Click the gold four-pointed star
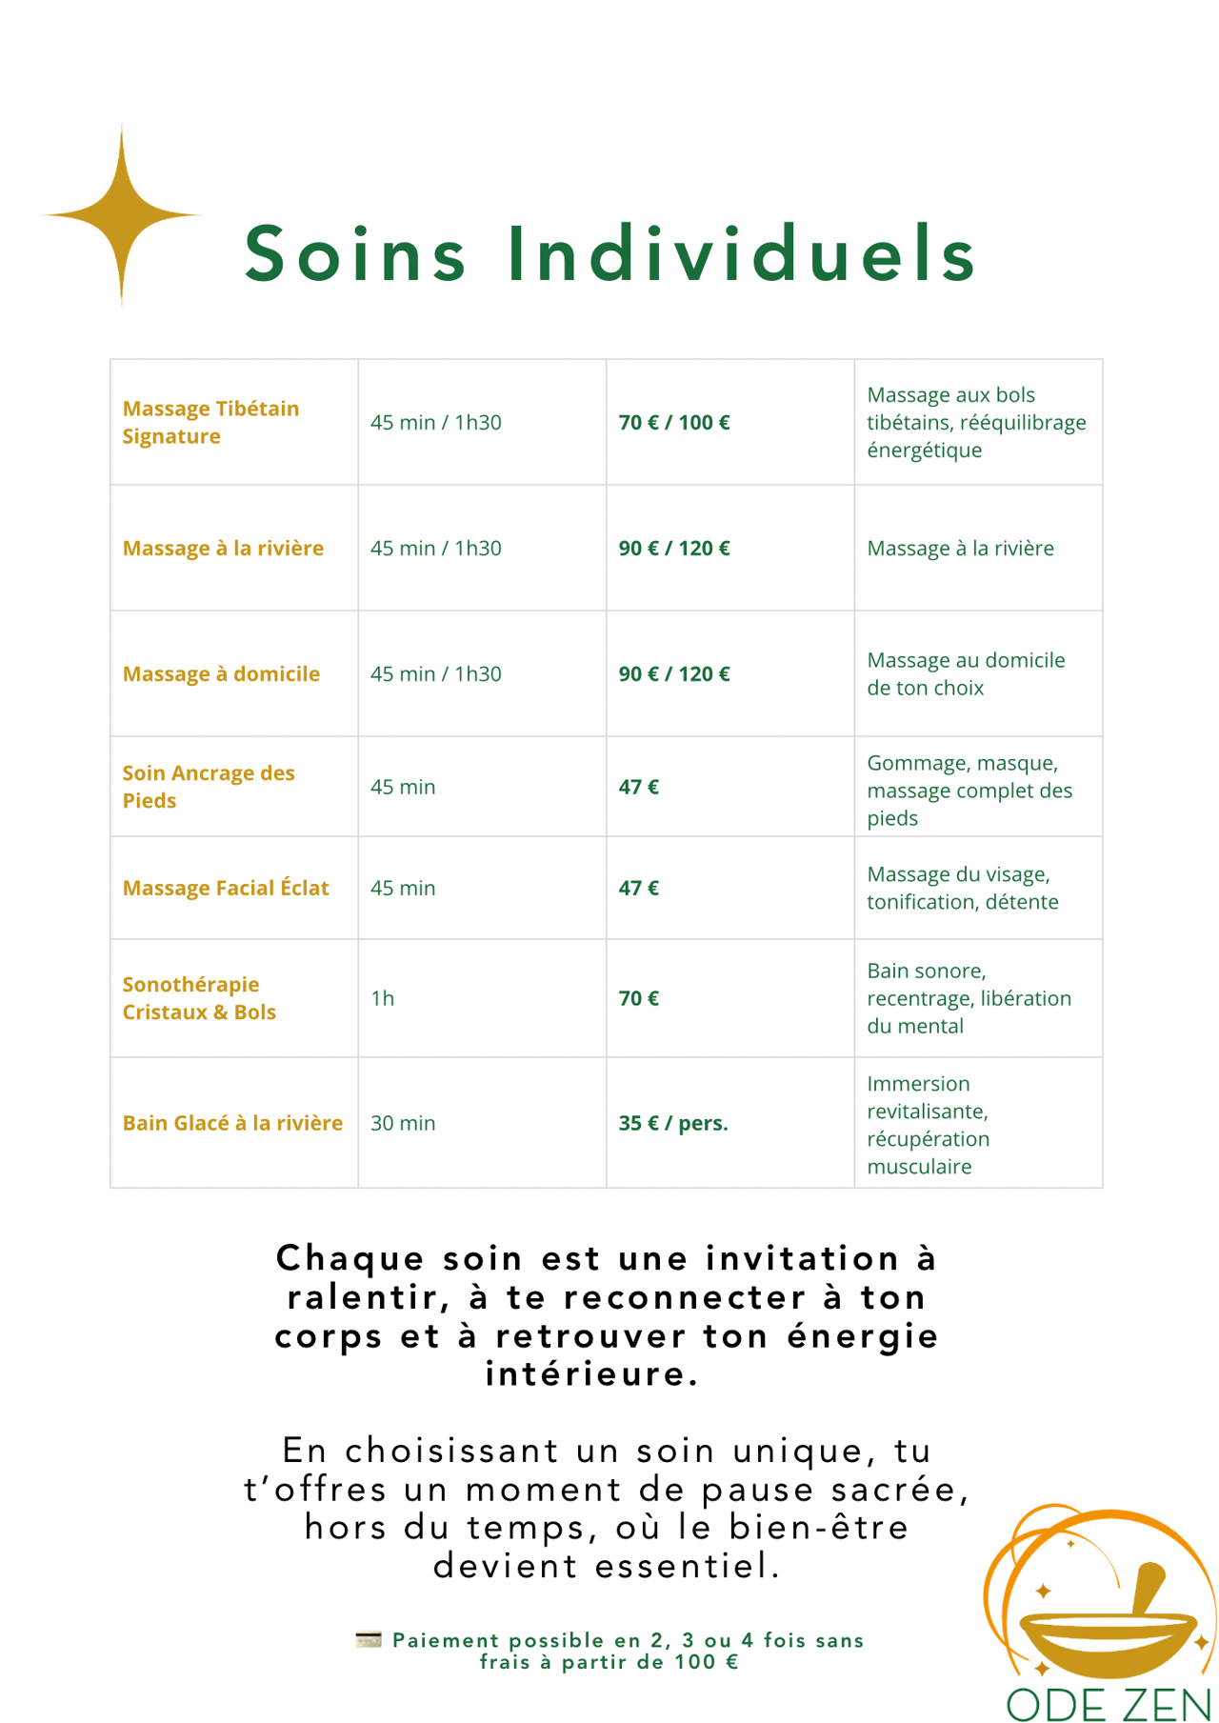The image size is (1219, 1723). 122,215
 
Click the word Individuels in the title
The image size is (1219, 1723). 742,254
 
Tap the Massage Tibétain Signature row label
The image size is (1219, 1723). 210,422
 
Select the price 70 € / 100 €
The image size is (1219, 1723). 674,422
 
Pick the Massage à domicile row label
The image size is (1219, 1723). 221,673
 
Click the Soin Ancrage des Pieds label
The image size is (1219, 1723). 209,787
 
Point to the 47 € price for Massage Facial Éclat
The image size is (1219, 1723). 639,888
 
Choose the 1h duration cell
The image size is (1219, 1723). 382,998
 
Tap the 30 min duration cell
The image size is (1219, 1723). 403,1123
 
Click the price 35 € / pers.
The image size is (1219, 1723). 673,1123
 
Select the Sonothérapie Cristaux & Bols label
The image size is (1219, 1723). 199,998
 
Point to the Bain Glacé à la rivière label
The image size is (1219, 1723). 232,1123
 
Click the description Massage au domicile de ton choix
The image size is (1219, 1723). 966,673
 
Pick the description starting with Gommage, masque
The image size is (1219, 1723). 969,791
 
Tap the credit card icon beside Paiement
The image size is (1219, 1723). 369,1639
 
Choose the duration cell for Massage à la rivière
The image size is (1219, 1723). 436,548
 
